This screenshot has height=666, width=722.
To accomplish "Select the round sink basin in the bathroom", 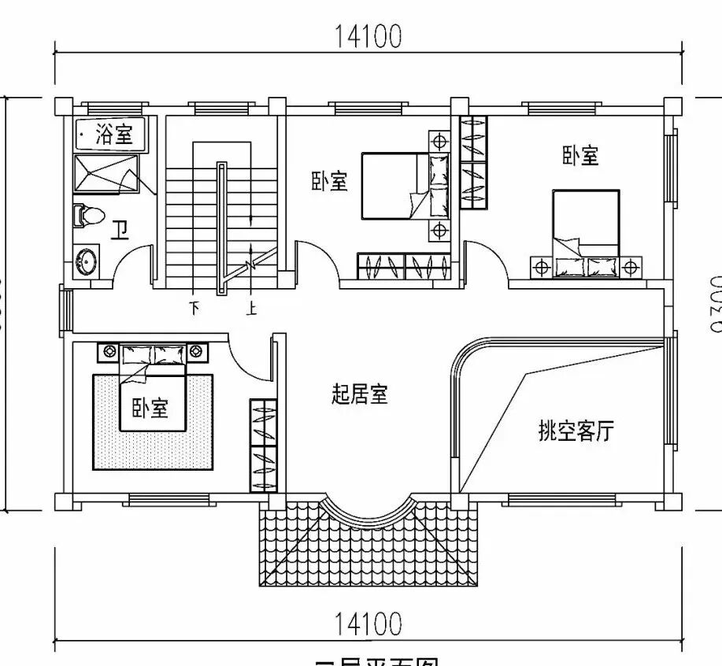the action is click(x=86, y=261).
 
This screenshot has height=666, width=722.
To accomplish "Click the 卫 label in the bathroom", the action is click(x=120, y=230).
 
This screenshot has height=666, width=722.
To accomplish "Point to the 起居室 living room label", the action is click(x=360, y=394).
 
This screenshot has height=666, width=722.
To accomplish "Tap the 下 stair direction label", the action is click(x=194, y=309).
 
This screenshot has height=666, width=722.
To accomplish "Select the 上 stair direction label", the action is click(x=251, y=309).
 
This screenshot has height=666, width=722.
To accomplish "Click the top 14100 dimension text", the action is click(x=368, y=36).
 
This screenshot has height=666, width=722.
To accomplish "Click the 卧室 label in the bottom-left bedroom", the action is click(x=150, y=408).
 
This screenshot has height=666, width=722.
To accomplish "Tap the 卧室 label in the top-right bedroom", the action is click(x=580, y=156).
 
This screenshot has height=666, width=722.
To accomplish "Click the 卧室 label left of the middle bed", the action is click(x=329, y=182).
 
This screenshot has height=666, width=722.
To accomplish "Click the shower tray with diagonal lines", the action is click(x=106, y=173).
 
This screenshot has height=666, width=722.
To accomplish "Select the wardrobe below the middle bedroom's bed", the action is click(x=404, y=266).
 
